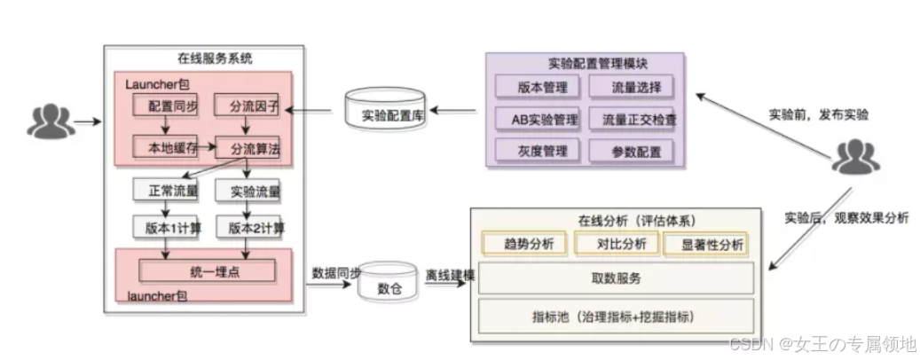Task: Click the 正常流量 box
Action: click(x=166, y=190)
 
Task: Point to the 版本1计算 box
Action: click(x=166, y=228)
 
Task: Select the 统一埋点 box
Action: click(x=206, y=270)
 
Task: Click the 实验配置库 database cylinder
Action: click(x=387, y=113)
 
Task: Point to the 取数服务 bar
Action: click(x=617, y=278)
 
